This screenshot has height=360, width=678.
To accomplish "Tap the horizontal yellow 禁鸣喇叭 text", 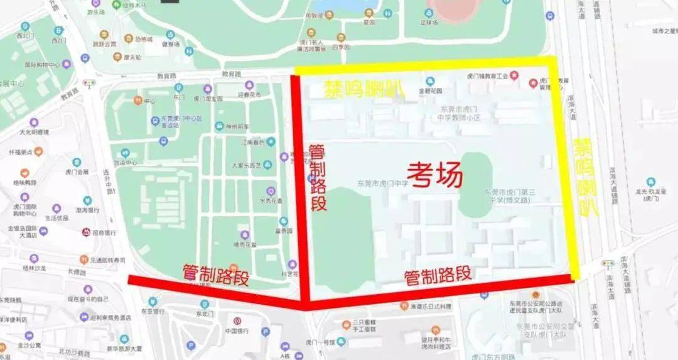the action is click(363, 90).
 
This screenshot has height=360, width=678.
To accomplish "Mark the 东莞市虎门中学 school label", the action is click(382, 183).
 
